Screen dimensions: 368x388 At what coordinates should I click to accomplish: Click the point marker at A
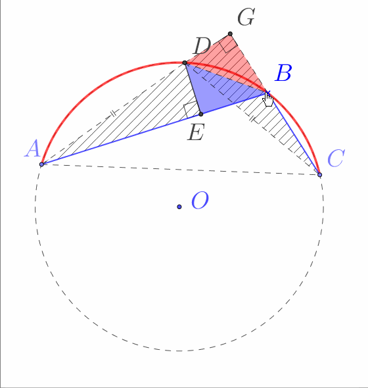pyautogui.click(x=42, y=164)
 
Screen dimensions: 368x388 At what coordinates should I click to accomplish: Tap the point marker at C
pyautogui.click(x=319, y=175)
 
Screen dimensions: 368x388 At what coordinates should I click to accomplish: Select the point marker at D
pyautogui.click(x=185, y=63)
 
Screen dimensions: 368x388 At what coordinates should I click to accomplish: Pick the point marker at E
pyautogui.click(x=201, y=114)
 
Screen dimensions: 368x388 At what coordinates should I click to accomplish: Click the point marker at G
pyautogui.click(x=230, y=34)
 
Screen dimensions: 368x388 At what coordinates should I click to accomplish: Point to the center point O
pyautogui.click(x=179, y=206)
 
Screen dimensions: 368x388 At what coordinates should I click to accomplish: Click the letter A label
pyautogui.click(x=32, y=148)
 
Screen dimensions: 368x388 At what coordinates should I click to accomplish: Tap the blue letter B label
pyautogui.click(x=283, y=73)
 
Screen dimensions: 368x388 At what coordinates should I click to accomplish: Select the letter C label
pyautogui.click(x=336, y=158)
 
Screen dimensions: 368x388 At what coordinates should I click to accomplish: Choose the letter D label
pyautogui.click(x=202, y=46)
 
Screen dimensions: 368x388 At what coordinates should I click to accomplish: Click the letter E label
pyautogui.click(x=196, y=132)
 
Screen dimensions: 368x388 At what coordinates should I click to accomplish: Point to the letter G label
pyautogui.click(x=246, y=17)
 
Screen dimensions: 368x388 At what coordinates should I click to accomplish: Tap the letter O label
pyautogui.click(x=200, y=200)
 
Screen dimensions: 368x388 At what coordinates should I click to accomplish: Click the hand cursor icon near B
pyautogui.click(x=267, y=99)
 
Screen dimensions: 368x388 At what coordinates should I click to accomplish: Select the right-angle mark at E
pyautogui.click(x=191, y=109)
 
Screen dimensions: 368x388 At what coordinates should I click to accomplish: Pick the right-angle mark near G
pyautogui.click(x=228, y=45)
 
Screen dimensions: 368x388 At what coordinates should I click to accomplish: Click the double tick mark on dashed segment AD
pyautogui.click(x=113, y=114)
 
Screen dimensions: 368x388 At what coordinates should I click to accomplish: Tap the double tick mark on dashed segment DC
pyautogui.click(x=252, y=119)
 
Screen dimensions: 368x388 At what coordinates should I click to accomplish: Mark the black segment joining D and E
pyautogui.click(x=193, y=89)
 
